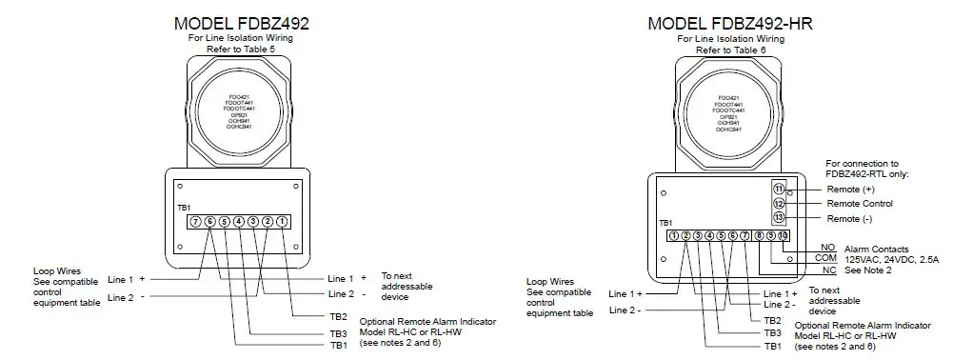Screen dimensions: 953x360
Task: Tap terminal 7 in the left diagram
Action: pos(195,221)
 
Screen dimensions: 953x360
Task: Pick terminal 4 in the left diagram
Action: pos(239,221)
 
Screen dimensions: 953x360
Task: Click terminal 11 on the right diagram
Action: pos(778,189)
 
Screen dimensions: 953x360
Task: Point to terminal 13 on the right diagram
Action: pos(778,219)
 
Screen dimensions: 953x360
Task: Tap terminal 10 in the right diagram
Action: pos(783,235)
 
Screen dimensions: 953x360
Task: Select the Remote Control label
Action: pos(859,204)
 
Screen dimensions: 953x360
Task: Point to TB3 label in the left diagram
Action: pos(338,332)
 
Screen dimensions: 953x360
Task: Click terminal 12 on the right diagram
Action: pos(778,204)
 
